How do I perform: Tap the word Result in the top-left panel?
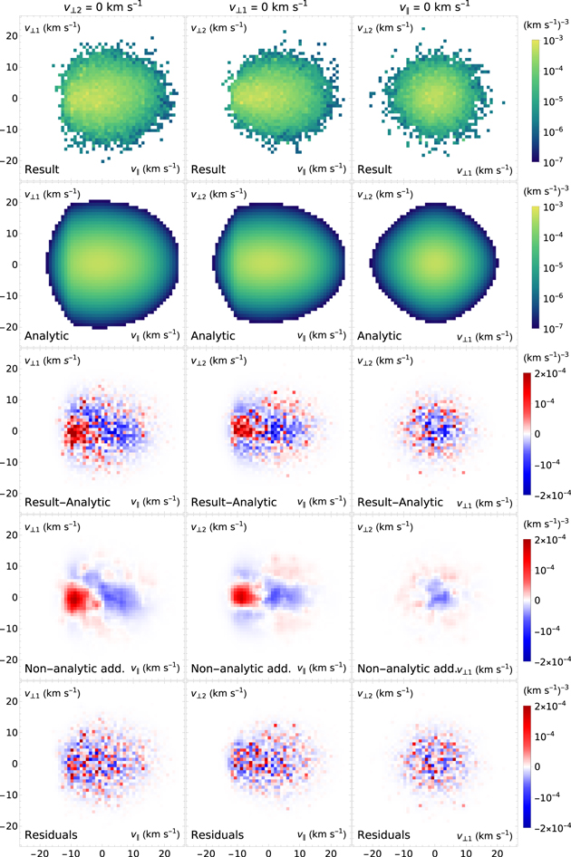44,169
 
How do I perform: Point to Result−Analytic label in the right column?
403,501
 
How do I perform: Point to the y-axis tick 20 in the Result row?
14,35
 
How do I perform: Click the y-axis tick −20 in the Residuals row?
11,827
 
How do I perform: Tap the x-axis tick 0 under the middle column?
269,850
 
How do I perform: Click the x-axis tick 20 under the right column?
498,850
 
